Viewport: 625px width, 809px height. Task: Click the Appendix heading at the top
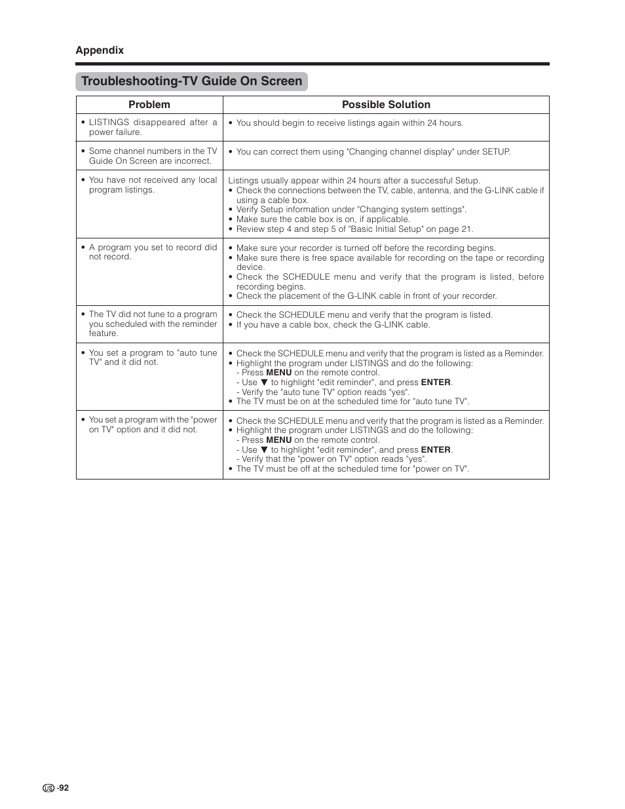tap(100, 50)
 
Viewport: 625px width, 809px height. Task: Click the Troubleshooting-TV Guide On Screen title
tap(191, 81)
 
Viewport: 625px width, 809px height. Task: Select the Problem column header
tap(149, 105)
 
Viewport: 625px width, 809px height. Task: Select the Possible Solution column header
tap(386, 105)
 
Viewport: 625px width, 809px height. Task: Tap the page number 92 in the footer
tap(63, 788)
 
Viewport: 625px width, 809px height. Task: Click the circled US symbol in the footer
tap(48, 789)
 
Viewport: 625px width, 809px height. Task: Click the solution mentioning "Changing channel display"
tap(373, 151)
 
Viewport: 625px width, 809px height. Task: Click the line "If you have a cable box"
tap(333, 324)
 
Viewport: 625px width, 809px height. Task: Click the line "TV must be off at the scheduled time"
tap(352, 469)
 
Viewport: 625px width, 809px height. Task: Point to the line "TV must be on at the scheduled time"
tap(352, 402)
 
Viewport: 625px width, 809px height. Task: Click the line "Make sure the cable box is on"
tap(323, 219)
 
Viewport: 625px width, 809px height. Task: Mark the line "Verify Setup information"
tap(351, 210)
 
